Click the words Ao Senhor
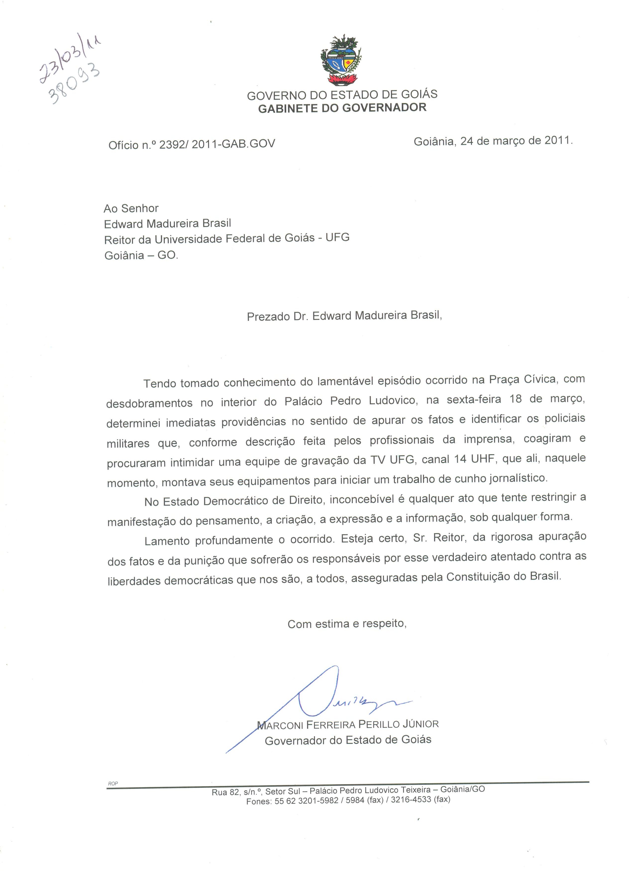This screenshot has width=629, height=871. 131,208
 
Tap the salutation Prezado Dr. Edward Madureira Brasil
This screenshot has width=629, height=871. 344,316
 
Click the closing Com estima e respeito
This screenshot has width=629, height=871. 347,624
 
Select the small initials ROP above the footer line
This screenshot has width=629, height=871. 112,784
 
